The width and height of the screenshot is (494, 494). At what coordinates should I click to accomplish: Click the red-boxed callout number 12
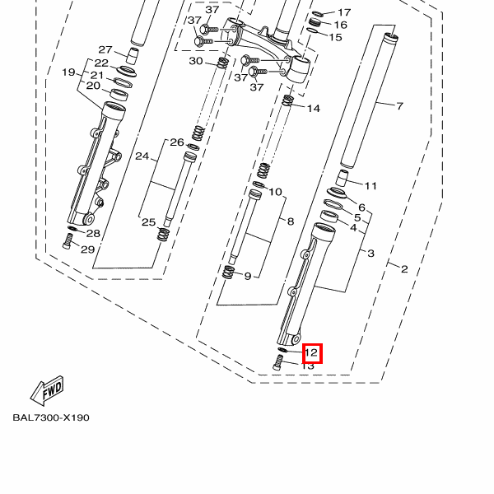(311, 353)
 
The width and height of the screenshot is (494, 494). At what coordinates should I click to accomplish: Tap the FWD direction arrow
(47, 390)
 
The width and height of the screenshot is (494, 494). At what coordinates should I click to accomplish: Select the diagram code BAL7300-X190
(51, 417)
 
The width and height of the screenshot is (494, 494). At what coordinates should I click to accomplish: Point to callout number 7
(399, 106)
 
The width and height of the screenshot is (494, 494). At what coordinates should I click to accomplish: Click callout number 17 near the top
(344, 12)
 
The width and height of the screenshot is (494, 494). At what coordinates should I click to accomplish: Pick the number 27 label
(105, 49)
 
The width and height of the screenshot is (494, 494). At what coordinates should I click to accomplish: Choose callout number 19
(68, 72)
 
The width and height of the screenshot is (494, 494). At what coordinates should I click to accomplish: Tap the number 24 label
(142, 156)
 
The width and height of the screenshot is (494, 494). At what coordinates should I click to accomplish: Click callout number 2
(404, 269)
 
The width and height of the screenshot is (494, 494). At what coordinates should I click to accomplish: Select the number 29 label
(88, 249)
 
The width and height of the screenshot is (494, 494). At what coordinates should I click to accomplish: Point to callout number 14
(314, 109)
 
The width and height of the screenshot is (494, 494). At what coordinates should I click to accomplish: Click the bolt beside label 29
(68, 242)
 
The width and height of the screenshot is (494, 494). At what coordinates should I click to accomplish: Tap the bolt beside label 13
(277, 362)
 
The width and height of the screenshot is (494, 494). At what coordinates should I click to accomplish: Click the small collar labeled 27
(133, 56)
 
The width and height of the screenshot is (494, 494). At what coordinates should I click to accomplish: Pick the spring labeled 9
(228, 272)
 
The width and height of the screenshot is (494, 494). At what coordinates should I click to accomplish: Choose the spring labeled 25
(163, 235)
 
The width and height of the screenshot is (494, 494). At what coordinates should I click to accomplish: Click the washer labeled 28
(72, 228)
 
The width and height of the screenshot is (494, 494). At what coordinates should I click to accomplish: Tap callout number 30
(196, 61)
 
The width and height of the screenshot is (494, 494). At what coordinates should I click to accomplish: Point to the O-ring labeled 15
(312, 31)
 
